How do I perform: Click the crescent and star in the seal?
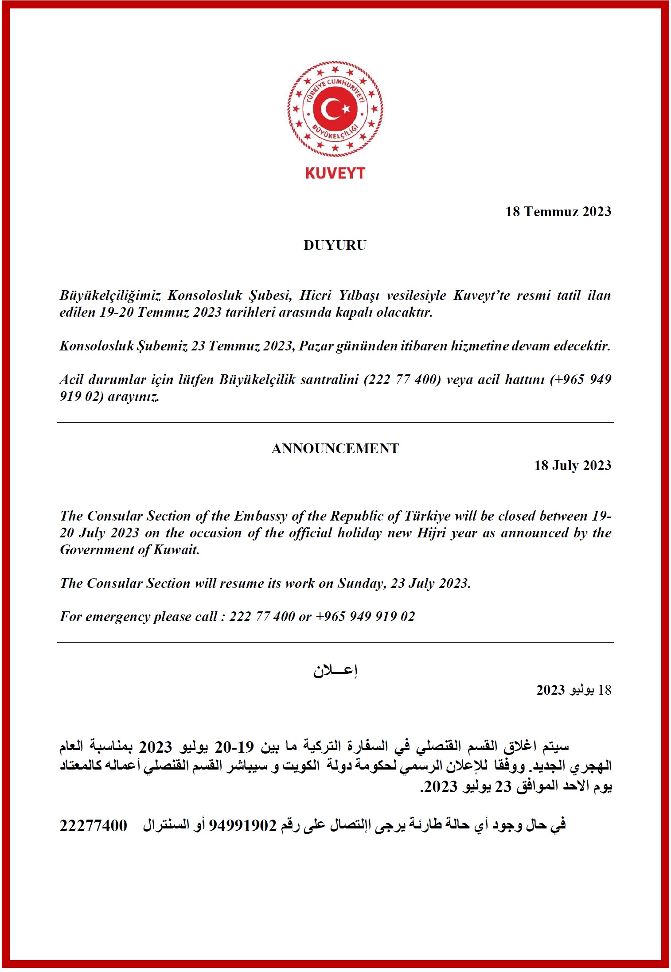tap(335, 109)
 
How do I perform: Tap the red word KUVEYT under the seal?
tap(335, 173)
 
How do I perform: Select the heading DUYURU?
tap(335, 245)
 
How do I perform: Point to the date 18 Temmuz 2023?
tap(558, 212)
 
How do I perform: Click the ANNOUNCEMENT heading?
tap(335, 449)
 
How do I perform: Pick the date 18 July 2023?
tap(573, 466)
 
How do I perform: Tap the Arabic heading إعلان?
tap(335, 671)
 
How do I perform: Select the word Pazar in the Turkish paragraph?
tap(316, 346)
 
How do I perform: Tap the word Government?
tap(96, 550)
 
